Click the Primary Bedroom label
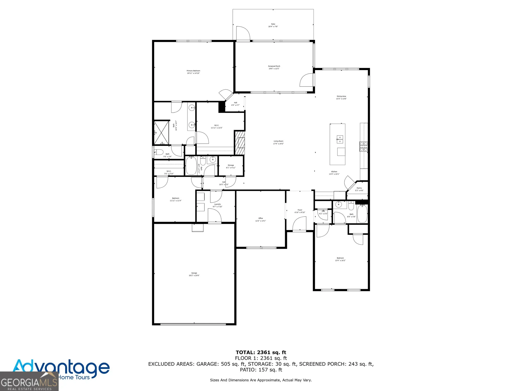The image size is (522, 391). [193, 71]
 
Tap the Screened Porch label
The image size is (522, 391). [274, 66]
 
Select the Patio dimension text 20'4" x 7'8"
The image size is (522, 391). [273, 27]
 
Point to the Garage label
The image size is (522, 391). [194, 273]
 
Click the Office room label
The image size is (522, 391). [260, 218]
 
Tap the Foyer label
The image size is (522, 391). [300, 210]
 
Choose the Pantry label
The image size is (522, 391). [359, 188]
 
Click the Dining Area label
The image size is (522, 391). [341, 96]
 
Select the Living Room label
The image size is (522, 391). [278, 141]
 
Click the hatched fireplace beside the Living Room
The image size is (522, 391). [240, 143]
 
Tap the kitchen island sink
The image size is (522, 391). [340, 139]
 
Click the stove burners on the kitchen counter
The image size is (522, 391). [363, 146]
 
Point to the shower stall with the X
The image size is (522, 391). [161, 133]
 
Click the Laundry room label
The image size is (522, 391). [217, 204]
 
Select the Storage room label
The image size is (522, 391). [231, 165]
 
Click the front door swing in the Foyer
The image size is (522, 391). [299, 224]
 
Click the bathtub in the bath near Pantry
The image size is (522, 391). [362, 214]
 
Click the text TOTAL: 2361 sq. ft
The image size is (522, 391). [261, 352]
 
